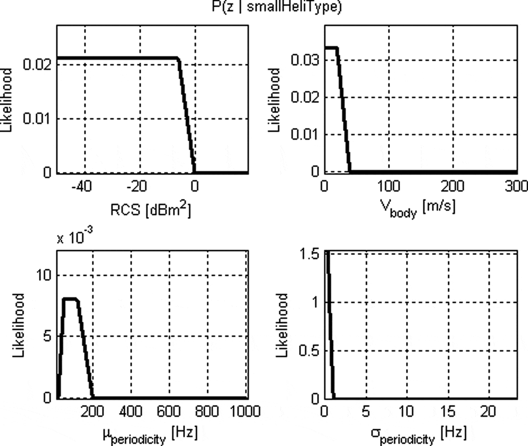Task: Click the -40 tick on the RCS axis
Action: [81, 186]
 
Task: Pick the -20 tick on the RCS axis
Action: [136, 186]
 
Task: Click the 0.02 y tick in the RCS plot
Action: [37, 64]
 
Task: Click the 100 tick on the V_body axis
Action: [388, 186]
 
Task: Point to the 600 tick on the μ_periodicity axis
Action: [169, 411]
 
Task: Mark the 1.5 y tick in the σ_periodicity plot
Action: [310, 254]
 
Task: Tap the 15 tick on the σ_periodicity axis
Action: [447, 411]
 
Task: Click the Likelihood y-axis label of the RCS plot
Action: [6, 100]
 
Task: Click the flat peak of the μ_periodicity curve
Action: [70, 299]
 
